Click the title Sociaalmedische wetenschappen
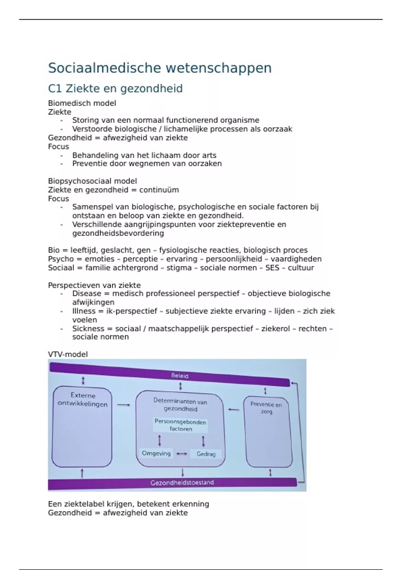point(159,68)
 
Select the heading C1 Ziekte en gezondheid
point(115,89)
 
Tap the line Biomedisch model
point(82,103)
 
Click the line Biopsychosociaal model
point(92,181)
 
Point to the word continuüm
point(159,190)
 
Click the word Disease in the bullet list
point(86,294)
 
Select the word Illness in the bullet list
point(84,311)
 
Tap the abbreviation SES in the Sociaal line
point(272,268)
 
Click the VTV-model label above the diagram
point(68,354)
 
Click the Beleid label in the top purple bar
point(180,376)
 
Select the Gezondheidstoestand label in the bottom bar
point(182,483)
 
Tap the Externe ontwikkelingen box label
point(83,400)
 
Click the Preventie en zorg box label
point(266,408)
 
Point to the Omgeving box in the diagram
point(156,454)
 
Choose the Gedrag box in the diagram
point(206,454)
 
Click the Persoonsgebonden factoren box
point(180,425)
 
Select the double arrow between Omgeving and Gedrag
point(182,454)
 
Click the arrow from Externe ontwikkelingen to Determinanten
point(124,405)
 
